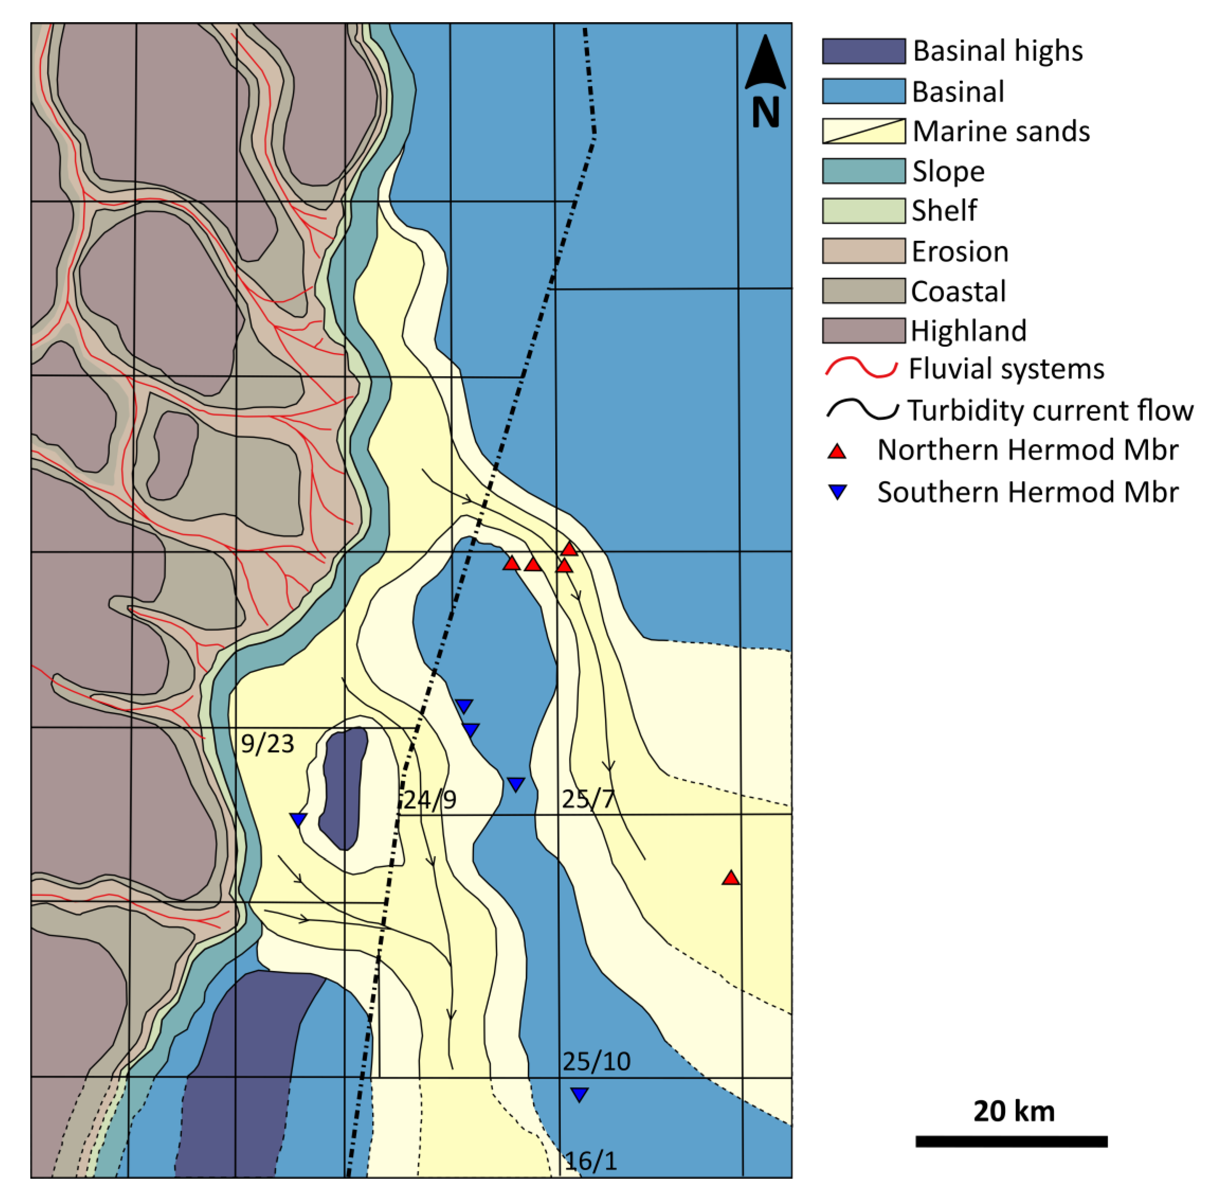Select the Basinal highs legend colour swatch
(864, 51)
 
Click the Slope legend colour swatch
(864, 171)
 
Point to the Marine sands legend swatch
(864, 131)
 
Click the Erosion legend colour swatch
(864, 251)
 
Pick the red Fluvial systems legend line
(861, 368)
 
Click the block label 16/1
(591, 1160)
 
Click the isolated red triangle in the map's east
(730, 878)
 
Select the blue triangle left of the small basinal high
(298, 819)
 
